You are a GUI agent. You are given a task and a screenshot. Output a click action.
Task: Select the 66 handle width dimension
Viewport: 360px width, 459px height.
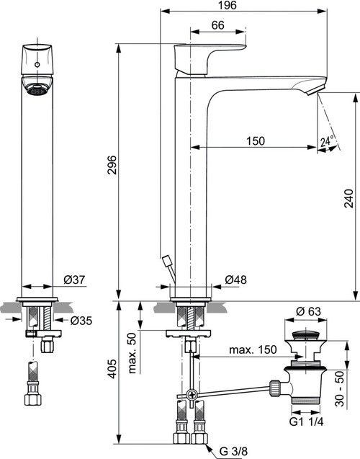click(217, 25)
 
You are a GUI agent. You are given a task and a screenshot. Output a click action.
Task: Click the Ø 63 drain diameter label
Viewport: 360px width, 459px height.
click(308, 313)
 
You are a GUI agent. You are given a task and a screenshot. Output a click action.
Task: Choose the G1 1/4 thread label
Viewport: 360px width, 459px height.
click(308, 420)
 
